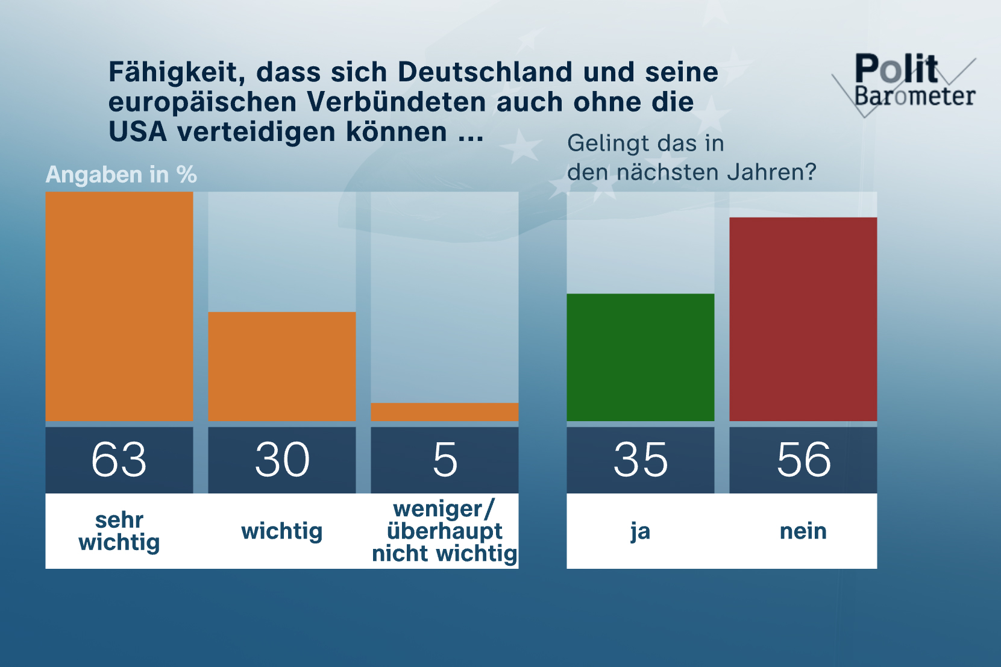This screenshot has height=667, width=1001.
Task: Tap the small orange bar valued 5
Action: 445,412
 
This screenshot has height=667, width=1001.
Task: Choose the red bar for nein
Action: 803,319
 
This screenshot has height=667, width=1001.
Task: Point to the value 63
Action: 119,460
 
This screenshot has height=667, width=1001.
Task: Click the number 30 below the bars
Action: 282,460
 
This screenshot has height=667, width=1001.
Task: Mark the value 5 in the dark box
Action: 445,460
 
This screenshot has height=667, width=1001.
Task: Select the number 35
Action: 641,460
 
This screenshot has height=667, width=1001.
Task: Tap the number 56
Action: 803,460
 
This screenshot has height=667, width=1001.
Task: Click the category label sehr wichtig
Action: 119,531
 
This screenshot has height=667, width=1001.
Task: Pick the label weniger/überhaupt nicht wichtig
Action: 445,531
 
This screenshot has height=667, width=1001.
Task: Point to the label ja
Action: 641,531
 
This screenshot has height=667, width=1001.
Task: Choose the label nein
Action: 803,531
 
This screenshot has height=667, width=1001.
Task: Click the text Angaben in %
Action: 121,175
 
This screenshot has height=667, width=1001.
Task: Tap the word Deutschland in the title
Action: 485,72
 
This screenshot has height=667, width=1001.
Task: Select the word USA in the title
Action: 137,132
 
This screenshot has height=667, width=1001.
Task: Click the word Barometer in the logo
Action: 915,96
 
